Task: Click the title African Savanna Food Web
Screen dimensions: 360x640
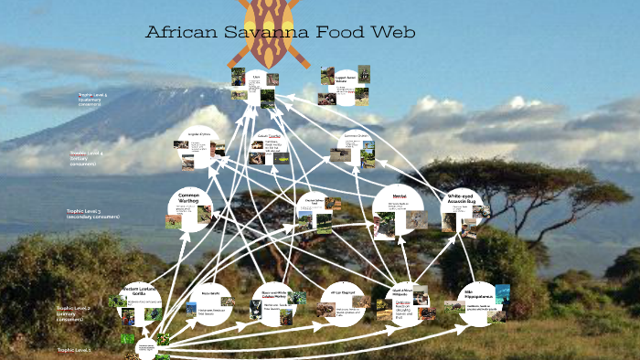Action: click(x=281, y=33)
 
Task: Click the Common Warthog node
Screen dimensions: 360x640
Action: click(x=189, y=208)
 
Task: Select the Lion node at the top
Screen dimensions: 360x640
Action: click(x=257, y=88)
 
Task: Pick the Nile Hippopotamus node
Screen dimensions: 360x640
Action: click(x=478, y=302)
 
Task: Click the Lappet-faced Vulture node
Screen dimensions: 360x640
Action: click(x=345, y=85)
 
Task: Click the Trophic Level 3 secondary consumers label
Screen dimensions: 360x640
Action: click(x=92, y=214)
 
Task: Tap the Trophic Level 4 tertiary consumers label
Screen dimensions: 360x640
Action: click(x=86, y=157)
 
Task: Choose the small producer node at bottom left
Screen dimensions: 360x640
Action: click(x=146, y=347)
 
